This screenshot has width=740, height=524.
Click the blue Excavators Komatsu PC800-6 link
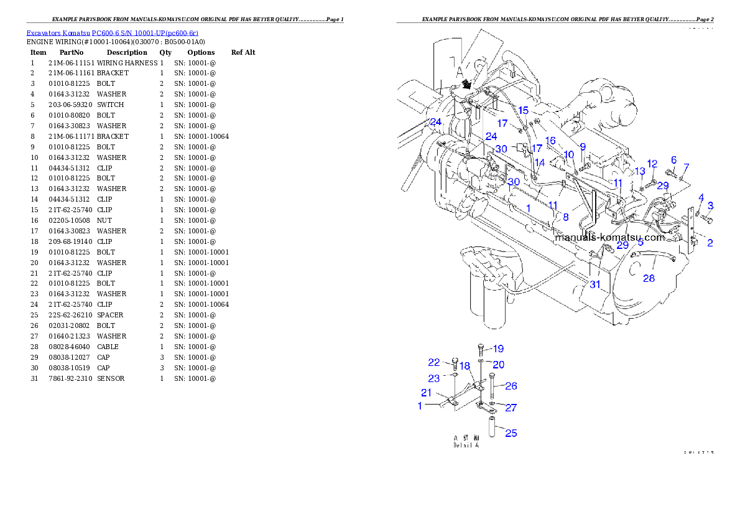pos(112,33)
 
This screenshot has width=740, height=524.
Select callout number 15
pos(524,110)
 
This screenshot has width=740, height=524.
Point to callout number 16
pos(550,141)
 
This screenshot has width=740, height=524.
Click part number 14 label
pos(540,162)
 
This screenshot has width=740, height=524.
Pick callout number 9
pos(583,146)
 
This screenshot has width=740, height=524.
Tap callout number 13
pos(640,171)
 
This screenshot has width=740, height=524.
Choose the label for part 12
pos(652,163)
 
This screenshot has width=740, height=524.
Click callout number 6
pos(673,160)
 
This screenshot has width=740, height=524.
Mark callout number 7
pos(687,167)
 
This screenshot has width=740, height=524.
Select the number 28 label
pos(649,278)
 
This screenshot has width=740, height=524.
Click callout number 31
pos(595,284)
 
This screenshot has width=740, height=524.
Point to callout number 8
pos(565,217)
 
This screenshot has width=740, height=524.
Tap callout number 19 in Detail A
pos(498,349)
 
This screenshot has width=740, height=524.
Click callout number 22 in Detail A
pos(434,363)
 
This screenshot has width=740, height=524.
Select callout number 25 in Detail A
pos(511,433)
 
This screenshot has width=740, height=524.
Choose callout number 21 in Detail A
pos(426,393)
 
